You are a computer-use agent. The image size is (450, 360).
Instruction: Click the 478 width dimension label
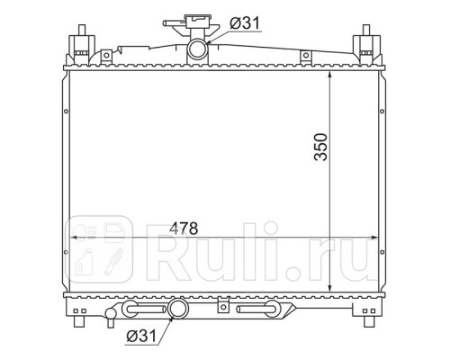coord(180,229)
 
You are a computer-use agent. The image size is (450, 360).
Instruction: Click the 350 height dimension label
coord(320,147)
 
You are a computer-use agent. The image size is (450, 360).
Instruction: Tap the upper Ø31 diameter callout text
coord(245,23)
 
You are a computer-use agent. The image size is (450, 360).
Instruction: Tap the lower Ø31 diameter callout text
coord(141,336)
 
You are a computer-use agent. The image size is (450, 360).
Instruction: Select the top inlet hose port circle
coord(198,49)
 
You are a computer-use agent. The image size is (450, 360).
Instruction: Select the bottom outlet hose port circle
coord(178,309)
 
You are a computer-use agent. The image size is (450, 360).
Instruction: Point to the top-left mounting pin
coord(82,30)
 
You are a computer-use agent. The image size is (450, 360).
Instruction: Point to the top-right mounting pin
coord(366,30)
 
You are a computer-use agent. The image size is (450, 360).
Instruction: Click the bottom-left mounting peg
coord(79,321)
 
